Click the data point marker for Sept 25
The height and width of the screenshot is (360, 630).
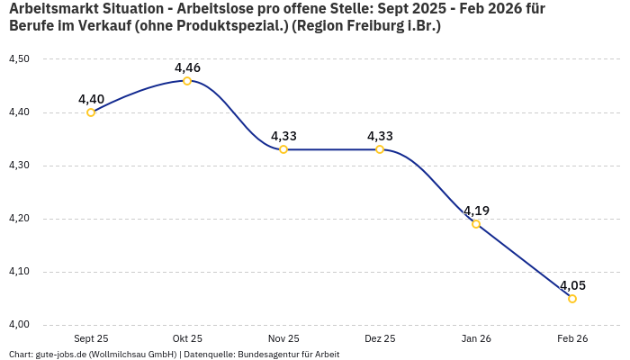click(x=91, y=112)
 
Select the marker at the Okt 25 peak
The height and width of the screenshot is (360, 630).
click(x=187, y=81)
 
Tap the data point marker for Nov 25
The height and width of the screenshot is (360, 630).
click(x=283, y=149)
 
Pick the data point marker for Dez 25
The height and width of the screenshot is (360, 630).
click(x=380, y=149)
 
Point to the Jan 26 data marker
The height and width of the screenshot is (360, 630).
click(x=476, y=223)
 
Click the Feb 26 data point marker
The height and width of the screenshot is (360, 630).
click(x=572, y=299)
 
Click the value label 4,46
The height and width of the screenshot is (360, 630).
click(x=187, y=67)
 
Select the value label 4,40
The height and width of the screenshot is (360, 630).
click(x=91, y=99)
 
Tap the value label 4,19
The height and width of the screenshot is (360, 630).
click(x=476, y=211)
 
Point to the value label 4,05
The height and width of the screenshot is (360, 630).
click(x=572, y=285)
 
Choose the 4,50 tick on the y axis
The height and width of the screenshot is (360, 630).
click(x=19, y=59)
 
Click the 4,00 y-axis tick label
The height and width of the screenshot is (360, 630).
click(x=19, y=325)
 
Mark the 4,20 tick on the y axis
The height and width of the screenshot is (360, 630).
click(x=19, y=219)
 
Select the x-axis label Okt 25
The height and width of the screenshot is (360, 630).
click(x=187, y=339)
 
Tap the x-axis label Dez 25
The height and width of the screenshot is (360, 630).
click(x=380, y=339)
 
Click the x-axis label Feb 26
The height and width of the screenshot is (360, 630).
click(x=572, y=339)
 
